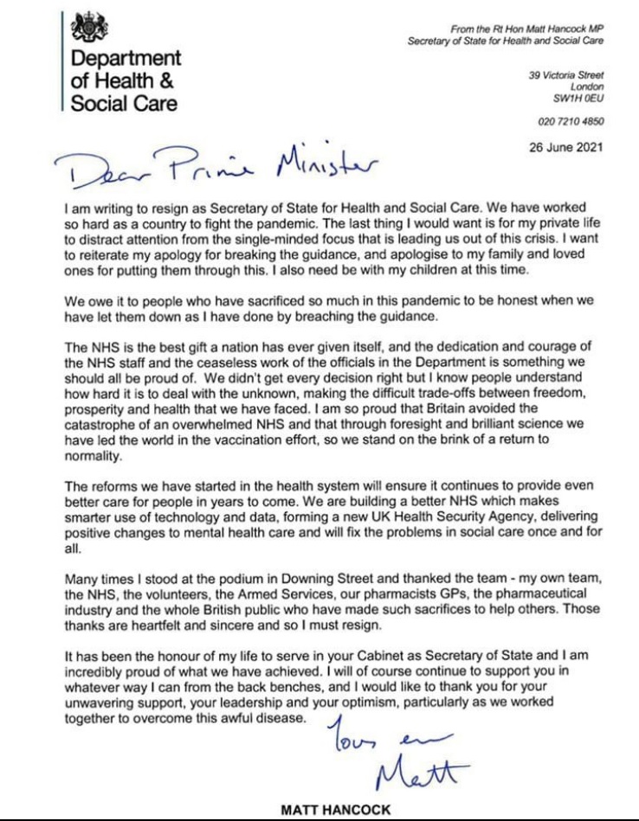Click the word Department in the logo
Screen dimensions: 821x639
pos(126,59)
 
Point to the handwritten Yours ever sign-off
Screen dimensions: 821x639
pos(382,732)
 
